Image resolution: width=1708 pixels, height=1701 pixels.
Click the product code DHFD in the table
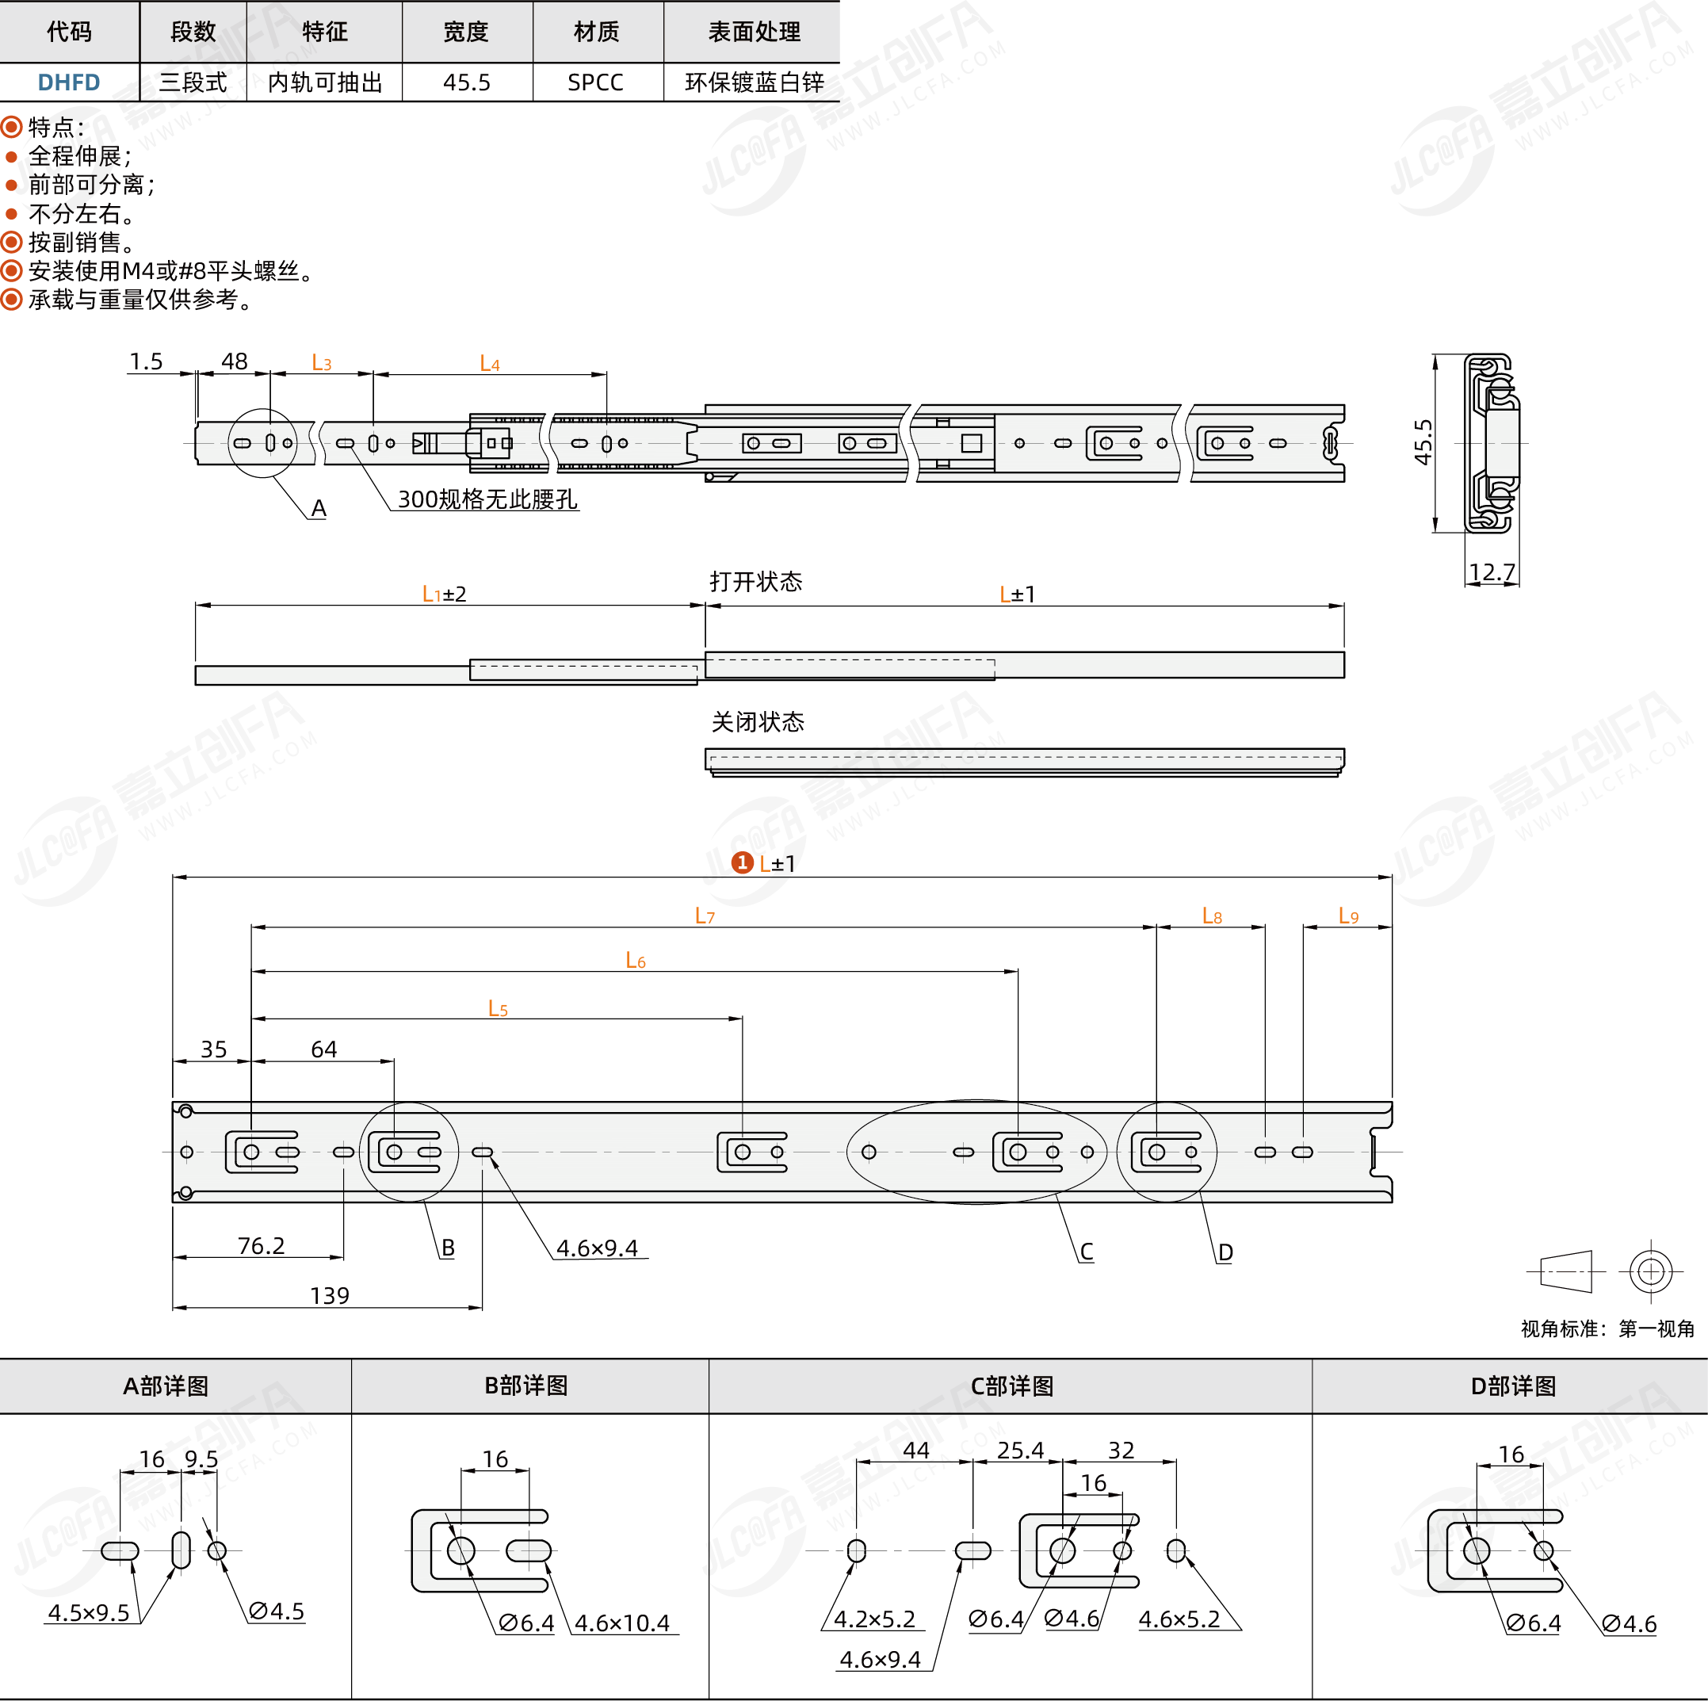[69, 82]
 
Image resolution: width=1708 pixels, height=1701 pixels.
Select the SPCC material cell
[596, 82]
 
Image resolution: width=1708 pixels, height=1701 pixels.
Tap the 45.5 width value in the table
[467, 82]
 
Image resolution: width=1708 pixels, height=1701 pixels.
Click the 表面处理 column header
[754, 32]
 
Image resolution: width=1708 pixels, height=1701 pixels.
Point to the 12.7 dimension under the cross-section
[1492, 572]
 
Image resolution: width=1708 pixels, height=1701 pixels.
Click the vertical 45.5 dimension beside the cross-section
[1423, 442]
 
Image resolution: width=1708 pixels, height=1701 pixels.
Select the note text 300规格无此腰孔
[488, 499]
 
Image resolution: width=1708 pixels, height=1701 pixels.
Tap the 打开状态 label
[756, 582]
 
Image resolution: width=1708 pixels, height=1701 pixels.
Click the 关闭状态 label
[758, 722]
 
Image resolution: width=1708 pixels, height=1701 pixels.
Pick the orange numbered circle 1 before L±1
[743, 862]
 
